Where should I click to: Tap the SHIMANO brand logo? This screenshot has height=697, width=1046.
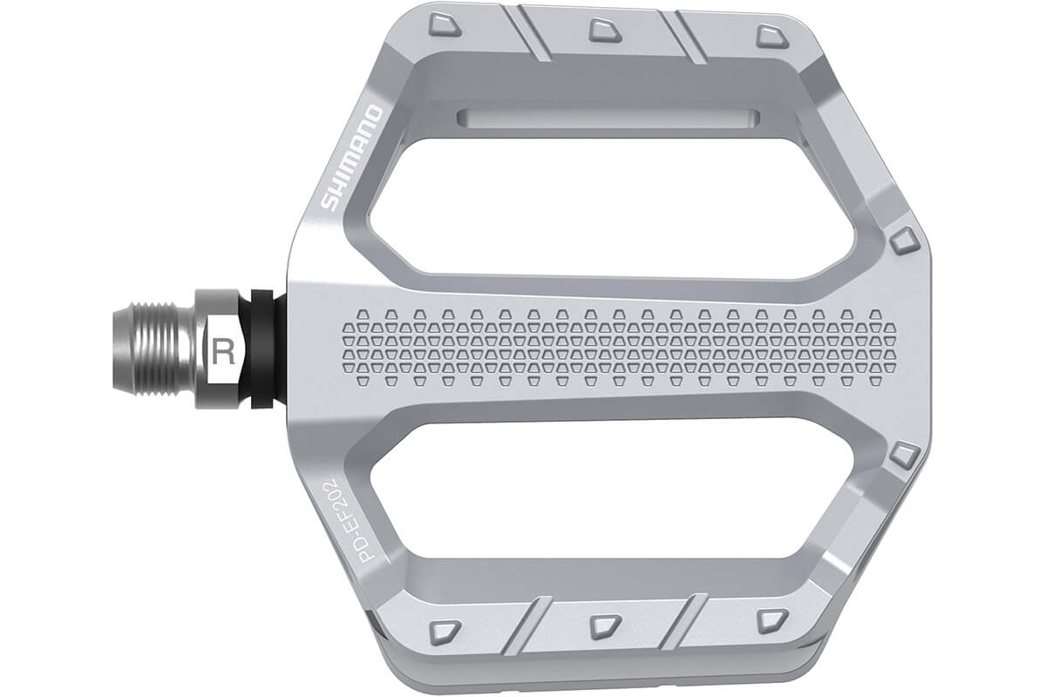(x=351, y=158)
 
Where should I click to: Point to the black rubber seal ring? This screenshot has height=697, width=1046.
(x=261, y=349)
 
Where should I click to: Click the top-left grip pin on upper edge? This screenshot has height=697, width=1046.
(x=445, y=24)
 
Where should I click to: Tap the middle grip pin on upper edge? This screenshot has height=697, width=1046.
(x=604, y=30)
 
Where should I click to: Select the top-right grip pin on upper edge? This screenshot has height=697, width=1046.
(x=771, y=36)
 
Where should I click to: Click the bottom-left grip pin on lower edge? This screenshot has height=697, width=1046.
(x=445, y=631)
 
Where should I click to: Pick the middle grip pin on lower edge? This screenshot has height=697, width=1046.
(x=604, y=626)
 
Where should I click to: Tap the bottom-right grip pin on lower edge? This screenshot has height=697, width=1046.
(x=771, y=619)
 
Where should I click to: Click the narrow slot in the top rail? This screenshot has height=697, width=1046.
(x=610, y=118)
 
